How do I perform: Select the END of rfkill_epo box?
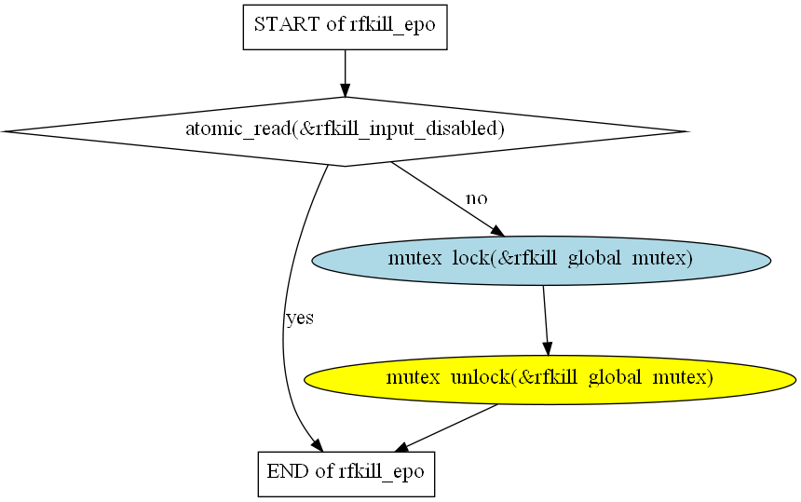345,472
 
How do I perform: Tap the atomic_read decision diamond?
345,131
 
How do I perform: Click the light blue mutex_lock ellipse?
541,260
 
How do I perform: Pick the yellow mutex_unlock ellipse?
550,379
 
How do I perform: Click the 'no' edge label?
476,198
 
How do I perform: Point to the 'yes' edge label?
299,319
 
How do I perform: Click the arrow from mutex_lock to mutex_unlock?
545,317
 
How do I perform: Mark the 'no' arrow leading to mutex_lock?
442,195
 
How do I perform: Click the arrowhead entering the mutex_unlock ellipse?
548,348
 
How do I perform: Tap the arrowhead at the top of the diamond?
345,90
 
